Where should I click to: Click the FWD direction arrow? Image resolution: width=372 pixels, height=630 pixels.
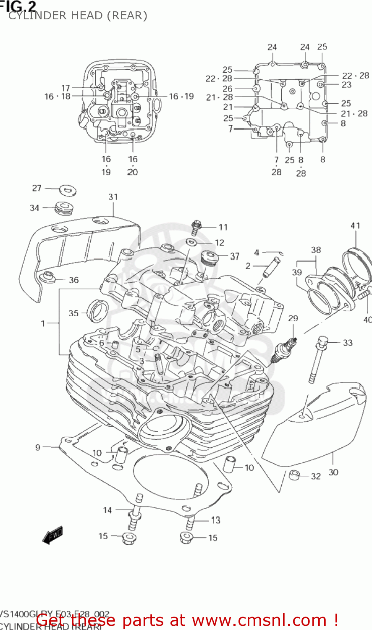coord(52,535)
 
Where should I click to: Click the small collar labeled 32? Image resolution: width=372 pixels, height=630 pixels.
coord(294,475)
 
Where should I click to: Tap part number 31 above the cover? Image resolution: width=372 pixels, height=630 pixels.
coord(113,197)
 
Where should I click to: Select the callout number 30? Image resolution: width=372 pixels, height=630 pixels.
coord(333,472)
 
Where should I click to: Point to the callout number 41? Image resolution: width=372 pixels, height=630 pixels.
coord(355,226)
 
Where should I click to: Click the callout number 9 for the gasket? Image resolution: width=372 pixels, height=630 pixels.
coord(38,447)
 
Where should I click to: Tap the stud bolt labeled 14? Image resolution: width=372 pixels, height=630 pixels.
coord(136,515)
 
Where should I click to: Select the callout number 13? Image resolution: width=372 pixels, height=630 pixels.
coord(215,520)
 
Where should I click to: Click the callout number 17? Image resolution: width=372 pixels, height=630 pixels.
coord(65,88)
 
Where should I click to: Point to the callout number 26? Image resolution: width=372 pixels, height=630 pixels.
coord(227,89)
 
